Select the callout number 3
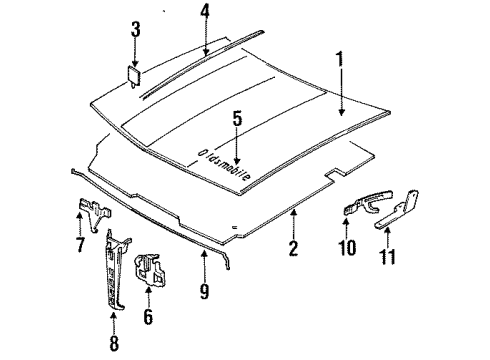pos(136,39)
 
